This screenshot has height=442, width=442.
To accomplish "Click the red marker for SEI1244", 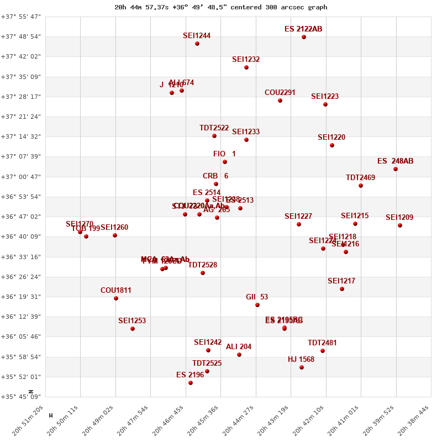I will click(197, 44).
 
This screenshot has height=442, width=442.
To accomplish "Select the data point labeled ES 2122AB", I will click(304, 37).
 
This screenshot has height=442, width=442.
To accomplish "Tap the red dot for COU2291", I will click(280, 101).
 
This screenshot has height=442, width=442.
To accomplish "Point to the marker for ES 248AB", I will click(396, 169).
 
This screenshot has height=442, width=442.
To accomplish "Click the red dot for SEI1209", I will click(400, 225).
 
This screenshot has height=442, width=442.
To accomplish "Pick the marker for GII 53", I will click(257, 305).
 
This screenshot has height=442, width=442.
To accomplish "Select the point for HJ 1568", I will click(302, 367).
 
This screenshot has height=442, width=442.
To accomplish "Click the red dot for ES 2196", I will click(191, 383).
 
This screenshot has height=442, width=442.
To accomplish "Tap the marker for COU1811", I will click(116, 298).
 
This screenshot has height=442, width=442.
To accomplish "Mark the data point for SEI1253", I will click(133, 329).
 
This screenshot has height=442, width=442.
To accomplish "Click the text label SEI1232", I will click(246, 60).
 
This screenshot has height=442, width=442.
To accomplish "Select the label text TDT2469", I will click(360, 178).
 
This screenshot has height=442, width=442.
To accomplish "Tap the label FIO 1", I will click(224, 154).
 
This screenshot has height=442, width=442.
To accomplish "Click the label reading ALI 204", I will click(239, 347).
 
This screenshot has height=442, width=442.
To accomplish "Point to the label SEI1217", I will click(341, 281).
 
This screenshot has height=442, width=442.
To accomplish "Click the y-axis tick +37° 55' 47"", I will click(21, 17).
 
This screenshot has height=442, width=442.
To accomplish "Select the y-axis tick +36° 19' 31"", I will click(21, 297).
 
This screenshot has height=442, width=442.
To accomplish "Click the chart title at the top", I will click(221, 7).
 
